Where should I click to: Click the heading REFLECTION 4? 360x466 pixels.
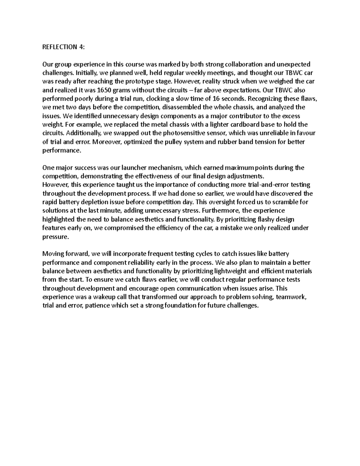(63, 47)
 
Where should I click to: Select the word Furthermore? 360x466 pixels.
(223, 211)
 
